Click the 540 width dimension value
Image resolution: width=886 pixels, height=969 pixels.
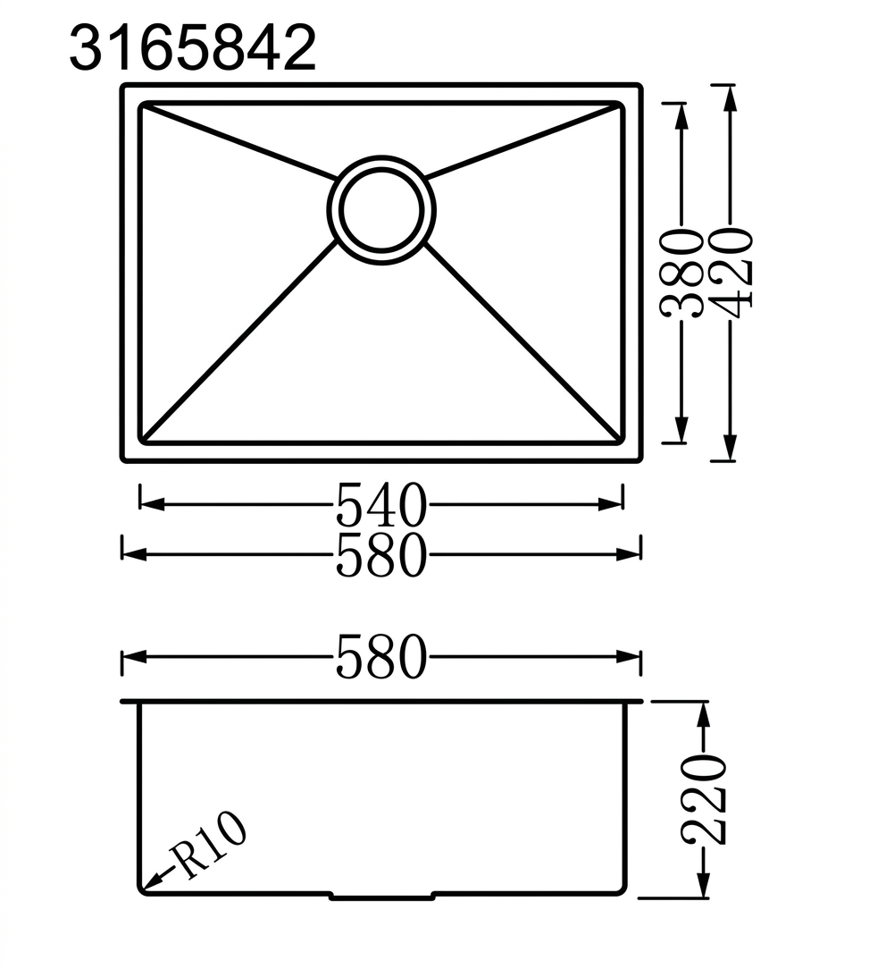tap(381, 505)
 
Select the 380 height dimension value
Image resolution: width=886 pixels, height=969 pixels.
tap(681, 274)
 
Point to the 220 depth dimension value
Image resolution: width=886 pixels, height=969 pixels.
tap(703, 800)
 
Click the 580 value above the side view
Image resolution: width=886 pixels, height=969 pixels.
tap(381, 657)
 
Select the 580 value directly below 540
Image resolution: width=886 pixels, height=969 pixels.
tap(381, 554)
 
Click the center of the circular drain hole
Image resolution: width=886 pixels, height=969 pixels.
tap(381, 210)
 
